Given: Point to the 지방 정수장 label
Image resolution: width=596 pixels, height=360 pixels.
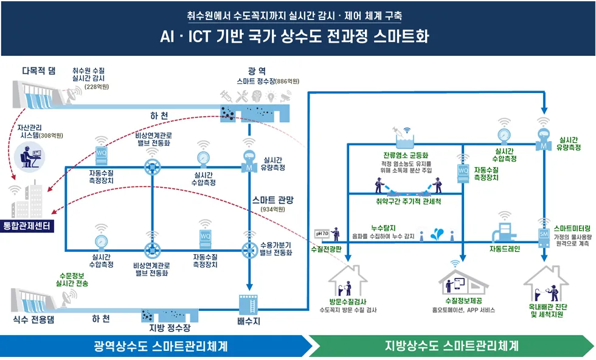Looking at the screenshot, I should point(170,328).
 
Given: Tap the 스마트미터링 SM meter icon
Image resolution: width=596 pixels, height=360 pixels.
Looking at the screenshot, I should point(544,233).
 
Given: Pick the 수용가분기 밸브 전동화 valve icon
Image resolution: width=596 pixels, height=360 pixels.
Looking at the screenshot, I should point(249,249).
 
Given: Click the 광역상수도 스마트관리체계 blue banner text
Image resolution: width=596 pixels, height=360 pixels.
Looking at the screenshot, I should point(161,347).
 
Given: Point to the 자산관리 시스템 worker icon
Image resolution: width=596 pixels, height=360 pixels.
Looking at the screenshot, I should point(28,159).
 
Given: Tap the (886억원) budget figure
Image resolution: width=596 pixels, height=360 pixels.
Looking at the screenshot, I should point(288,81).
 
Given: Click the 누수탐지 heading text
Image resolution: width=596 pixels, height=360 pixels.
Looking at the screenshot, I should point(383,227).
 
